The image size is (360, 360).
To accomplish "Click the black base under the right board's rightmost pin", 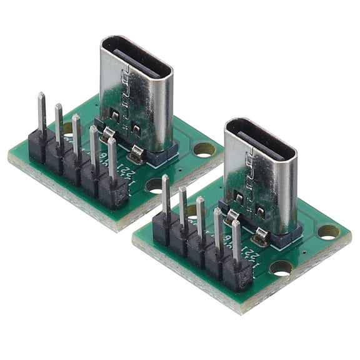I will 237,274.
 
